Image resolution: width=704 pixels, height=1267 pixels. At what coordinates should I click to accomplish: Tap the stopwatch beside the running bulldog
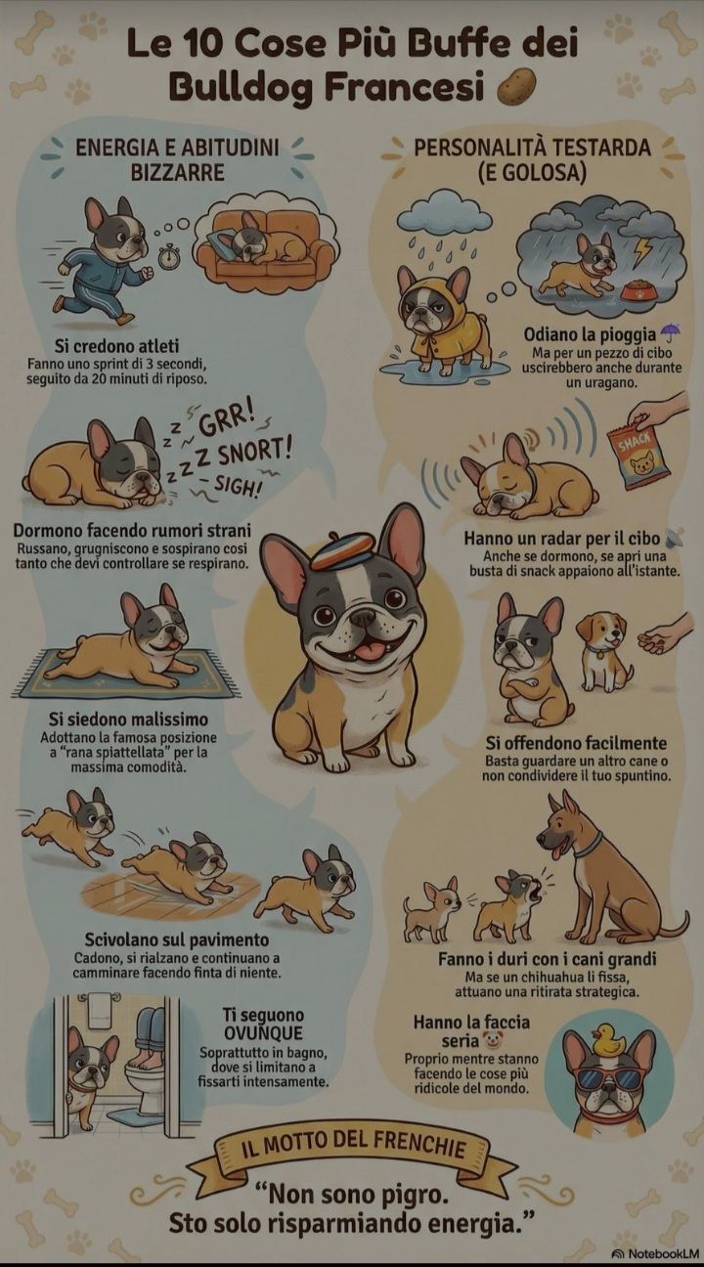168,256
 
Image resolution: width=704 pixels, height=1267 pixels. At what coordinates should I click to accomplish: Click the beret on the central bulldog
342,552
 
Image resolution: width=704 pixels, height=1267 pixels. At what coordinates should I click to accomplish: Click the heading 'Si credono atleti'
116,346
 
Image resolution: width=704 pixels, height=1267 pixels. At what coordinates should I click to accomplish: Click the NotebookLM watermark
655,1253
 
